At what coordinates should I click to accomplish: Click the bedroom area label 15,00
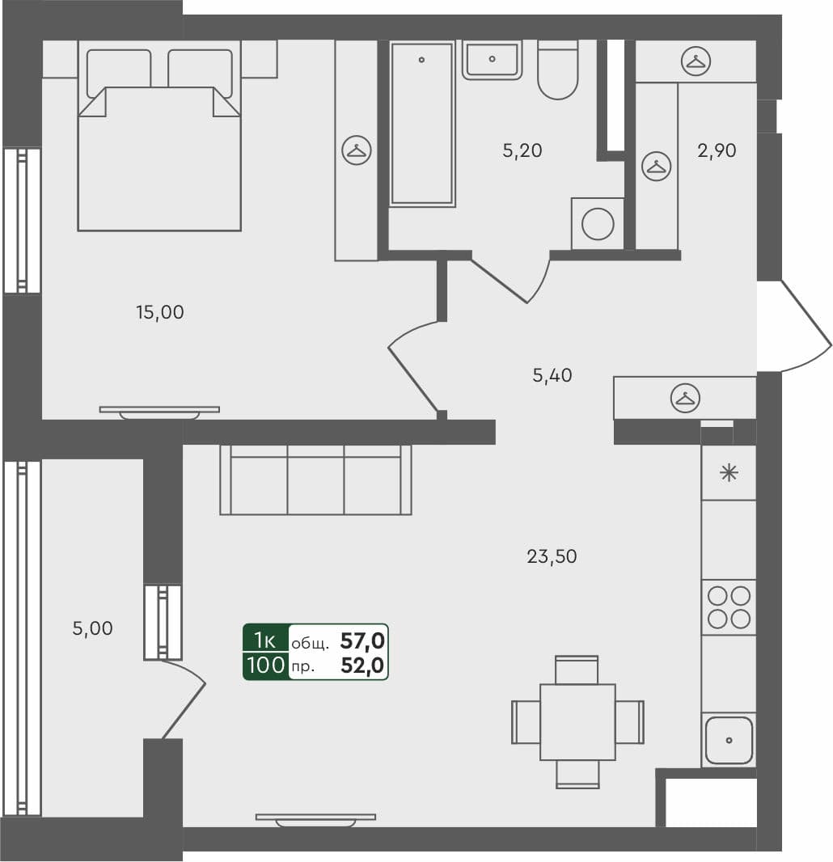point(160,312)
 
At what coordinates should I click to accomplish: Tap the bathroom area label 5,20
point(522,150)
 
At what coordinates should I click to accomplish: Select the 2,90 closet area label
point(717,150)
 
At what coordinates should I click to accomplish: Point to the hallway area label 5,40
point(553,375)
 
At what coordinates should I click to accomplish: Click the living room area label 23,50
point(552,556)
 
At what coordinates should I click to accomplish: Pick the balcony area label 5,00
point(92,628)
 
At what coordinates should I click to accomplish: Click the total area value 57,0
point(362,641)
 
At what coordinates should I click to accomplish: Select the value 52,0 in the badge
point(362,666)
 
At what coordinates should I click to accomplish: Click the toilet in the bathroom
point(558,71)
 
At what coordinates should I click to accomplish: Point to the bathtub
point(421,123)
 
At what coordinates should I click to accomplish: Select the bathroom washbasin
point(491,61)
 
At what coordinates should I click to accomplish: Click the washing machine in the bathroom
point(598,224)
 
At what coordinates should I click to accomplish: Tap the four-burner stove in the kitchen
point(729,607)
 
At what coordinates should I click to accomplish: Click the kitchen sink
point(729,740)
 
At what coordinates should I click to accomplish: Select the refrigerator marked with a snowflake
point(729,473)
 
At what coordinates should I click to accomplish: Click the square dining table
point(577,721)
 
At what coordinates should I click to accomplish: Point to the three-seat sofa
point(315,480)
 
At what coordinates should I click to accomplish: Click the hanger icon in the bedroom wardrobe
point(357,150)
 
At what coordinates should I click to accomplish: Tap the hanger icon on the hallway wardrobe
point(686,397)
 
